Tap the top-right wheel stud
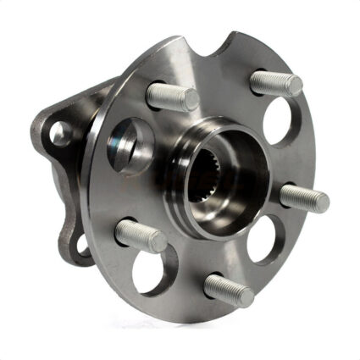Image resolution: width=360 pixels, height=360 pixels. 275,82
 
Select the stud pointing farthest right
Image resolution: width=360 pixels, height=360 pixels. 303,197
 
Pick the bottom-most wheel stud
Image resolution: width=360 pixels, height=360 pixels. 228,289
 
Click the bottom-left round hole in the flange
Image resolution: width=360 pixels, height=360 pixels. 153,269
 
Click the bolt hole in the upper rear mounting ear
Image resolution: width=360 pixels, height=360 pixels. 59,132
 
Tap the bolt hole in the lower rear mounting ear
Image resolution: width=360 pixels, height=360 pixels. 80,246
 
